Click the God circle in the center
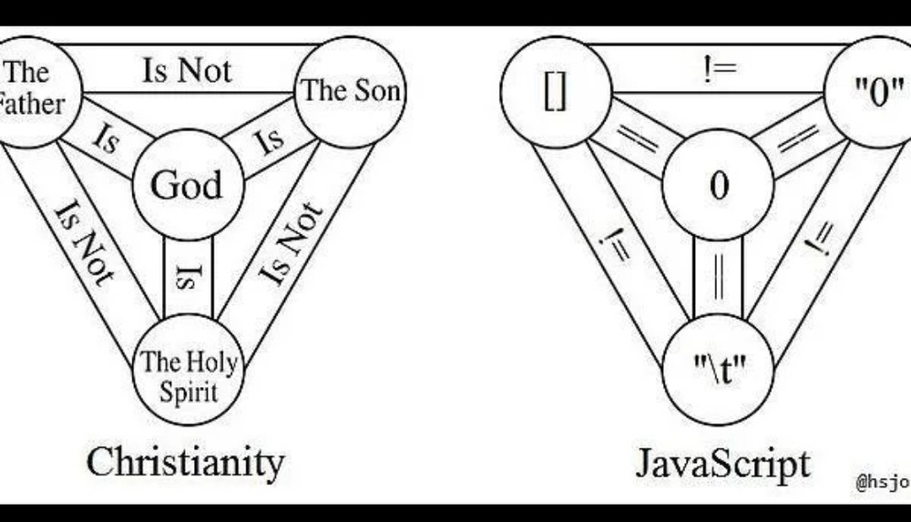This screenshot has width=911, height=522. pyautogui.click(x=186, y=186)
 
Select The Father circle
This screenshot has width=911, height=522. pyautogui.click(x=32, y=88)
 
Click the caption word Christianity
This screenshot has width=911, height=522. pyautogui.click(x=185, y=462)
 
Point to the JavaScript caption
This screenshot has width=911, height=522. pyautogui.click(x=722, y=463)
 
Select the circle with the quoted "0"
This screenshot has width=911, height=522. pyautogui.click(x=874, y=92)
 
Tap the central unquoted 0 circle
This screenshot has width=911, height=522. pyautogui.click(x=719, y=186)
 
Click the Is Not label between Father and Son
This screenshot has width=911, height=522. pyautogui.click(x=188, y=70)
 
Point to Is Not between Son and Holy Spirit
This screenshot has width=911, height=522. pyautogui.click(x=292, y=244)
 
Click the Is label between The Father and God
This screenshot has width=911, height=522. pyautogui.click(x=107, y=140)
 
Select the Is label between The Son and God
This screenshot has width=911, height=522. pyautogui.click(x=269, y=140)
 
